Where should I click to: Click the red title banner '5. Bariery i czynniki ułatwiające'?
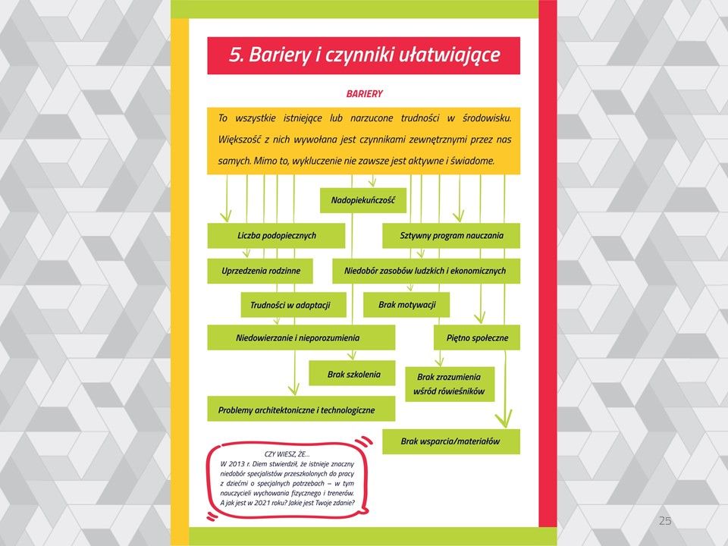click(x=363, y=55)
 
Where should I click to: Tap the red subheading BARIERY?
click(x=364, y=94)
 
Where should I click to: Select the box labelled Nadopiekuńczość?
click(x=363, y=201)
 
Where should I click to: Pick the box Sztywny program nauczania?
click(x=451, y=236)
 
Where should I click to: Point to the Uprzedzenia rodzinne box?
click(x=261, y=271)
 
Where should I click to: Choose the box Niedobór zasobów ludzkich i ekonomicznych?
click(x=425, y=271)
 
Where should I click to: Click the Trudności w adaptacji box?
click(x=290, y=306)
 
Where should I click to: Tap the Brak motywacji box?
click(x=406, y=305)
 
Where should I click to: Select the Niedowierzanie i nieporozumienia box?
click(x=301, y=337)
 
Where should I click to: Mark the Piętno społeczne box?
click(x=477, y=337)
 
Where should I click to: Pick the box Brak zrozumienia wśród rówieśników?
click(x=449, y=384)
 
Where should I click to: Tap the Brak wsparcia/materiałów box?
click(x=450, y=441)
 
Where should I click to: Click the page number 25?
click(x=664, y=520)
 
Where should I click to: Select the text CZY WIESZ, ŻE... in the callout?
click(x=286, y=453)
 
